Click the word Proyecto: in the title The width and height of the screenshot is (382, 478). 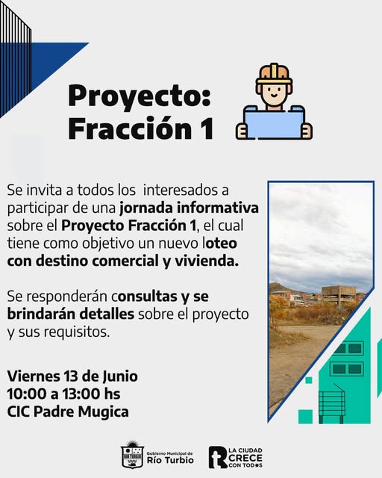pyautogui.click(x=140, y=97)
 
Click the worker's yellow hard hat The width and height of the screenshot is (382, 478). pyautogui.click(x=274, y=74)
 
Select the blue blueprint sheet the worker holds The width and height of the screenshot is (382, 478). pyautogui.click(x=274, y=122)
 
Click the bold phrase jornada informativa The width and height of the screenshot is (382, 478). pyautogui.click(x=189, y=208)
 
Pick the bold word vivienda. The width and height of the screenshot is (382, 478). pyautogui.click(x=207, y=261)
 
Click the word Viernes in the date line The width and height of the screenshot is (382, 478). pyautogui.click(x=34, y=376)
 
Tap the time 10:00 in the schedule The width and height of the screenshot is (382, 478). pyautogui.click(x=27, y=394)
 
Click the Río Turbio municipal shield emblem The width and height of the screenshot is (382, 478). pyautogui.click(x=132, y=455)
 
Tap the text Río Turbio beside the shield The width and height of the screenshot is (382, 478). pyautogui.click(x=170, y=460)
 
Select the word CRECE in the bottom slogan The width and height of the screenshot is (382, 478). pyautogui.click(x=245, y=458)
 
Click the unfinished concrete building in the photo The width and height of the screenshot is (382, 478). pyautogui.click(x=339, y=294)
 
